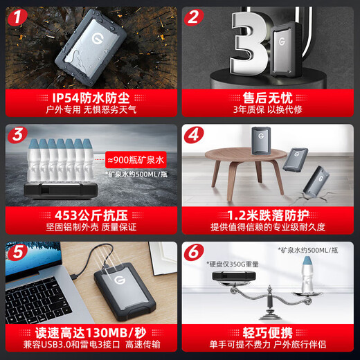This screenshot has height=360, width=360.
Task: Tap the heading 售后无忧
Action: point(270,96)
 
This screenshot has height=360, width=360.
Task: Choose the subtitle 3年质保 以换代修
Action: point(270,109)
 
